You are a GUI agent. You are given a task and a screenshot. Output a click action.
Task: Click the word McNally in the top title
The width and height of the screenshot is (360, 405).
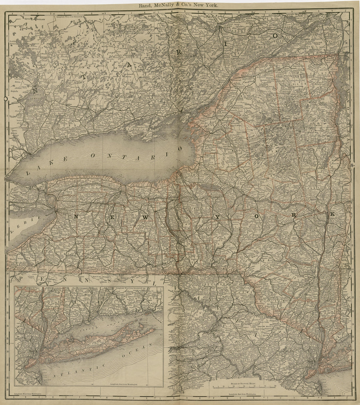pyautogui.click(x=172, y=5)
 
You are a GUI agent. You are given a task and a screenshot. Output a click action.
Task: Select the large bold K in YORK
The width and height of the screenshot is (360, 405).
pyautogui.click(x=333, y=214)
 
